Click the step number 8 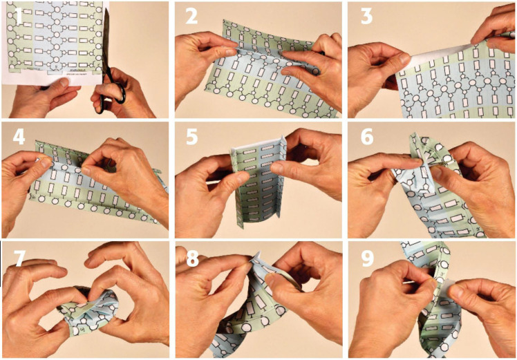pyautogui.click(x=191, y=258)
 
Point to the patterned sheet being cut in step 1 pyautogui.click(x=55, y=38)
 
